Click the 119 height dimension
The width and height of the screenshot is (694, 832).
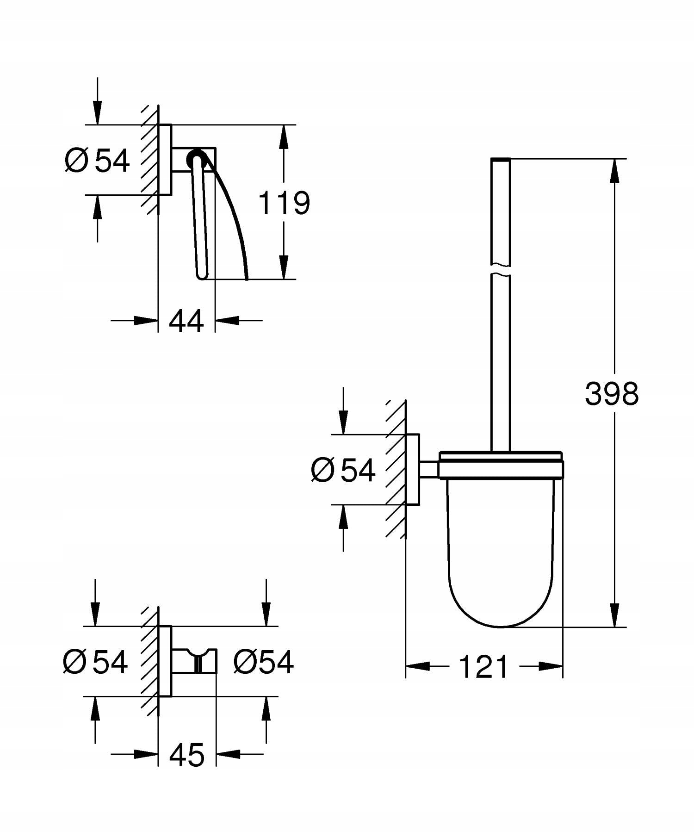pyautogui.click(x=284, y=202)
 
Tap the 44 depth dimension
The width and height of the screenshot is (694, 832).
pyautogui.click(x=186, y=321)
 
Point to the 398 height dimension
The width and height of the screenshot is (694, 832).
pyautogui.click(x=612, y=394)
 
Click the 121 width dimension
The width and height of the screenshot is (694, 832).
pyautogui.click(x=483, y=667)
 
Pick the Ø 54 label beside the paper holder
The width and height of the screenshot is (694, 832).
pyautogui.click(x=98, y=161)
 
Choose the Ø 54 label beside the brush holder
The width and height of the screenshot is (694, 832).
pyautogui.click(x=343, y=470)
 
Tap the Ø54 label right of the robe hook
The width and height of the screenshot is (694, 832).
pyautogui.click(x=263, y=662)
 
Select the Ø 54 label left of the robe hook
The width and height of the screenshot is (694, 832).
pyautogui.click(x=95, y=662)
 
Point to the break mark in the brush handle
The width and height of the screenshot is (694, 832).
pyautogui.click(x=500, y=270)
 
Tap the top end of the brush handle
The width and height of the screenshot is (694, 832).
pyautogui.click(x=500, y=160)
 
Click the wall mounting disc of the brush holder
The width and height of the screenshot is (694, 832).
pyautogui.click(x=413, y=470)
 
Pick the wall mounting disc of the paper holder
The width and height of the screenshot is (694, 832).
pyautogui.click(x=165, y=160)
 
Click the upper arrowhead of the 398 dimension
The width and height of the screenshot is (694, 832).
pyautogui.click(x=614, y=171)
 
